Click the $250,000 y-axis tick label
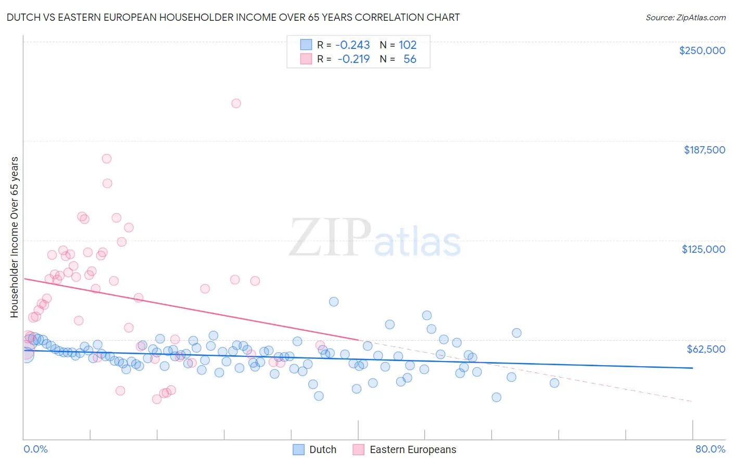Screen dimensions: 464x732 (x=702, y=50)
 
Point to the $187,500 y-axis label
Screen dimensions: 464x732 (x=704, y=150)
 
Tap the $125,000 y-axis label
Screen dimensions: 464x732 (x=703, y=249)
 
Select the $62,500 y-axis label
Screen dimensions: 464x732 (x=705, y=349)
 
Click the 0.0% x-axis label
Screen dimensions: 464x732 (x=35, y=449)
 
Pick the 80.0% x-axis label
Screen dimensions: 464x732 (x=710, y=449)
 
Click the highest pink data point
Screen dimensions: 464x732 (x=236, y=104)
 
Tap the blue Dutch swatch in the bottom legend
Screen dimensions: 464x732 (x=298, y=449)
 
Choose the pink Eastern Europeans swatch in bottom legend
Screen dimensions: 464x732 (x=358, y=449)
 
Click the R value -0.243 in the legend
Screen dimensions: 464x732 (x=352, y=45)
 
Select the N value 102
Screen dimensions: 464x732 (x=408, y=45)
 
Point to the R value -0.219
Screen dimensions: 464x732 (x=354, y=59)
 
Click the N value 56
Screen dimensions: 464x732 (x=410, y=59)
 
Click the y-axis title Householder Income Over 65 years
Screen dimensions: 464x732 (x=15, y=237)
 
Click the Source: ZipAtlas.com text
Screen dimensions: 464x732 (x=685, y=18)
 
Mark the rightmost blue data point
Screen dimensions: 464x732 (x=554, y=383)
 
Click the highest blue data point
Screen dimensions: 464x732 (x=334, y=302)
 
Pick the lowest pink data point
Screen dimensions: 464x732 (x=157, y=399)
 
